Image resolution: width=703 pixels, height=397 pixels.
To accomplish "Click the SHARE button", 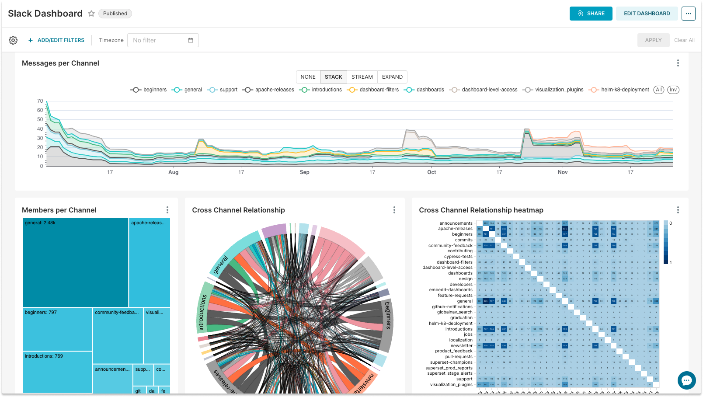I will [591, 14].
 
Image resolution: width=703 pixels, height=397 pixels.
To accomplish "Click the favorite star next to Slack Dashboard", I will [91, 14].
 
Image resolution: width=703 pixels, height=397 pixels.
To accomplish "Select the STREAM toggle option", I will [362, 77].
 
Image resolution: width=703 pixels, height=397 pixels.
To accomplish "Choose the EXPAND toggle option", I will [392, 77].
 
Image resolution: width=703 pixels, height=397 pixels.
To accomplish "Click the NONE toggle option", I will [308, 77].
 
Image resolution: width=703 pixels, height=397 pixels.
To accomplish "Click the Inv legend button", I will [673, 90].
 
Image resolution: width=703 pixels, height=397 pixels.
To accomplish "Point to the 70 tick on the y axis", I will [40, 101].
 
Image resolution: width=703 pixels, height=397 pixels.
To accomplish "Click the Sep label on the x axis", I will [305, 172].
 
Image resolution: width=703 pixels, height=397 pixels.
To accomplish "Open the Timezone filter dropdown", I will [163, 40].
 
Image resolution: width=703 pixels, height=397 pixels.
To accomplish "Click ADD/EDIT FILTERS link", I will [56, 40].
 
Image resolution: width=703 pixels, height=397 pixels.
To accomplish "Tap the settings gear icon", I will [13, 40].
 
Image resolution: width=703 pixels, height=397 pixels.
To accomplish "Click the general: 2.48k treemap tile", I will [75, 262].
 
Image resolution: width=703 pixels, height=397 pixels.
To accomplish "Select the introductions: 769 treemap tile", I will [57, 372].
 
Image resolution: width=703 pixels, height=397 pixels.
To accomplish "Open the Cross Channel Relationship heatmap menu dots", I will [678, 210].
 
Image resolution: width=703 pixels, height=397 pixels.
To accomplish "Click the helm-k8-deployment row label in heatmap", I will [450, 324].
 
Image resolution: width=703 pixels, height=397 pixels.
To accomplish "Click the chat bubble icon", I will [686, 380].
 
